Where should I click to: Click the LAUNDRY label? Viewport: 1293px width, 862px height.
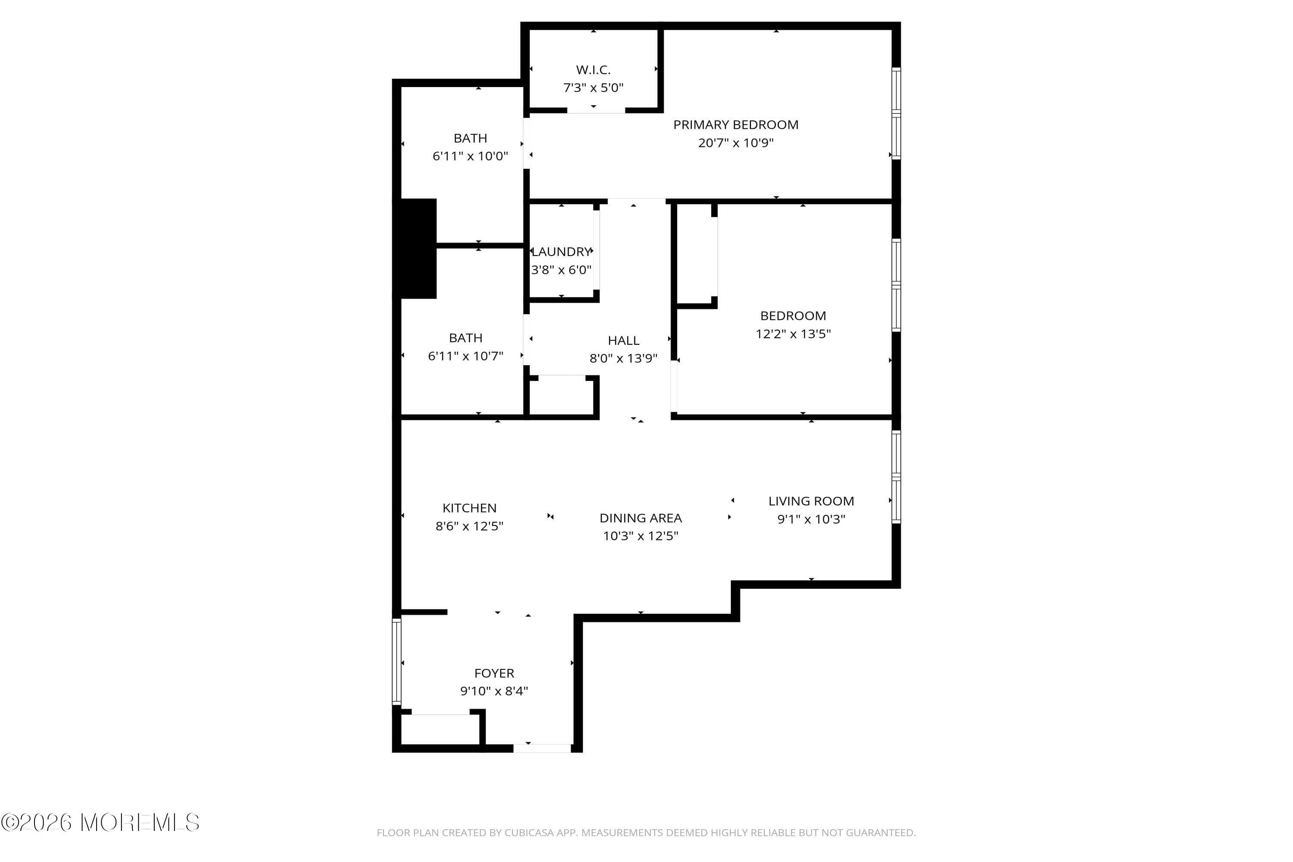point(561,252)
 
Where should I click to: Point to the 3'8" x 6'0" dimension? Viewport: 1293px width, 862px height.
point(561,270)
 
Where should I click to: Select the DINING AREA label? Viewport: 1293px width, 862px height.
point(640,518)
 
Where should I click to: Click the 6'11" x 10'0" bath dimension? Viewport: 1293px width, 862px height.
point(470,156)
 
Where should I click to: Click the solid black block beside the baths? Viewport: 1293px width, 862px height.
point(418,249)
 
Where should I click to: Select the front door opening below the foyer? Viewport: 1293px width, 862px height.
point(542,748)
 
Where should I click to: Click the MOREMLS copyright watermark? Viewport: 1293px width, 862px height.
point(100,823)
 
